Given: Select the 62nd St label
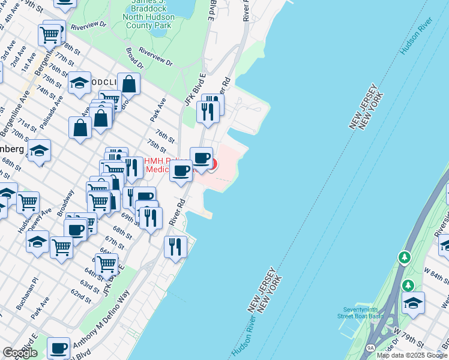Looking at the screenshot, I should click(80, 295).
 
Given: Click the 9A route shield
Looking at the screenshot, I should click(371, 347).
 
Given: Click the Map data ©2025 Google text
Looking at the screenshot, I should click(412, 355).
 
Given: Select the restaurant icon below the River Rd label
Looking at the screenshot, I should click(175, 245).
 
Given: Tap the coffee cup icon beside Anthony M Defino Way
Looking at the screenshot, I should click(58, 348).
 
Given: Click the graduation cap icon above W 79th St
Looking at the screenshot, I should click(413, 302).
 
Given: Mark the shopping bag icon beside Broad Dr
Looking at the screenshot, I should click(129, 84).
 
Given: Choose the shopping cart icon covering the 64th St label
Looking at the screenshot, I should click(106, 263).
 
